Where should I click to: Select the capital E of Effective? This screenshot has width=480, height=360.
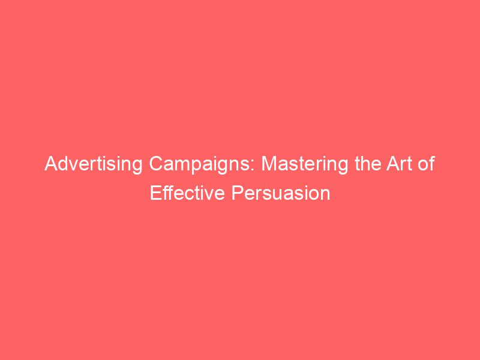click(x=154, y=194)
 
